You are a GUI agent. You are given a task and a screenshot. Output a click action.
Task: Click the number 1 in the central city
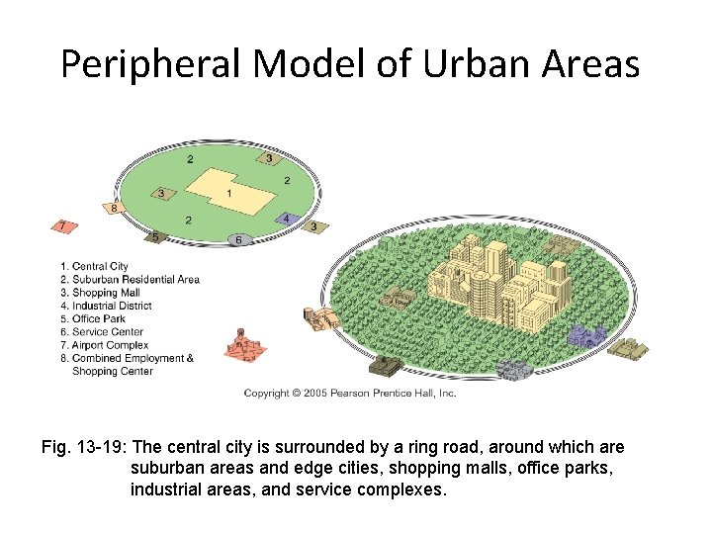coord(229,194)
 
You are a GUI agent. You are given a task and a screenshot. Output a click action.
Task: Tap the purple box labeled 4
coord(286,219)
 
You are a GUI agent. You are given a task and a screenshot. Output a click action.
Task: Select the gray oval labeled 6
coord(238,239)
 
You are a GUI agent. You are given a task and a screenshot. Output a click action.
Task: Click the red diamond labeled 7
coord(64,226)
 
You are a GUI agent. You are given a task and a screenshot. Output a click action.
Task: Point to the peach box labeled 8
coord(115,209)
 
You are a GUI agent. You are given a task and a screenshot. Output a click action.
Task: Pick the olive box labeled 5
coord(154,236)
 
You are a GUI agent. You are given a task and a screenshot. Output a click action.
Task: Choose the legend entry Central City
coord(95,266)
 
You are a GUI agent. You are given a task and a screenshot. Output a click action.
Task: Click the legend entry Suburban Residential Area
coord(130,280)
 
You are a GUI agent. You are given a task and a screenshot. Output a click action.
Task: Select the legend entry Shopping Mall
coord(100,293)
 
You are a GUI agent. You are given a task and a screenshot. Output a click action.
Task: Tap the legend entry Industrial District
coord(106,307)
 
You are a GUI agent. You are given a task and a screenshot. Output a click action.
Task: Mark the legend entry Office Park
coord(93,319)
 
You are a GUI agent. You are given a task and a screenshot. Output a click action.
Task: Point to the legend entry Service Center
coord(101,332)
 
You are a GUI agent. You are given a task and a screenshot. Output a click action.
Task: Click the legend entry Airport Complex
coord(104,345)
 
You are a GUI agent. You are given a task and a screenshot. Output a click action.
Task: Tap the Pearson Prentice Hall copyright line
coord(350,394)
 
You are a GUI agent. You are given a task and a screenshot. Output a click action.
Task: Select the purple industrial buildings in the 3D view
coord(586,336)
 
